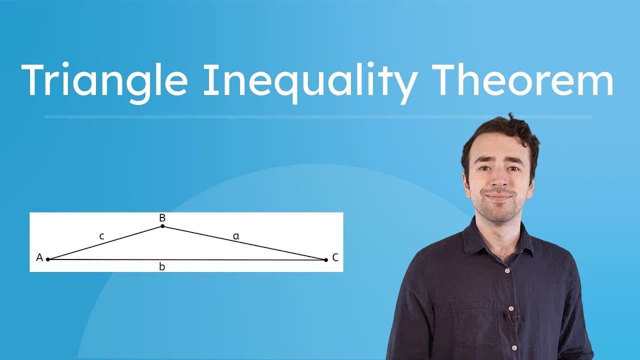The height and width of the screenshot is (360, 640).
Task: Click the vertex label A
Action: coord(39,258)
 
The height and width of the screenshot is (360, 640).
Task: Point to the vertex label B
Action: coord(162,218)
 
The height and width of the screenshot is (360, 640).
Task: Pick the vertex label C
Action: coord(335,257)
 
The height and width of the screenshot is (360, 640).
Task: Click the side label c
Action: coord(101,236)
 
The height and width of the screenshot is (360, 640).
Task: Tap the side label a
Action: coord(236,236)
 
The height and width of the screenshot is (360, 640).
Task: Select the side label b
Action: coord(161,267)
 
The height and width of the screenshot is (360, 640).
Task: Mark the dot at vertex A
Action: coord(48,259)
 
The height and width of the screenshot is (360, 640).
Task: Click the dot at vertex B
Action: coord(162,226)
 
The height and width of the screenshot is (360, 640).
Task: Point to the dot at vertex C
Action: coord(326,259)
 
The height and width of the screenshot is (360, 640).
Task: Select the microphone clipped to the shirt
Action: coord(512,316)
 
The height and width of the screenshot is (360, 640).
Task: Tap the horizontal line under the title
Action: coord(318,117)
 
